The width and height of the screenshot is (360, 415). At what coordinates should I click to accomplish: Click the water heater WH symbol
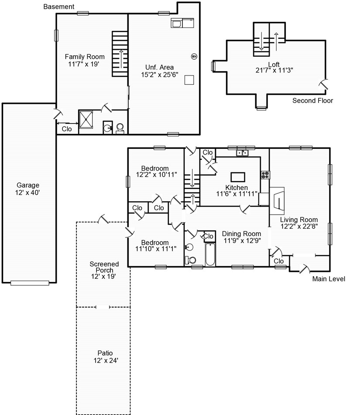click(194, 56)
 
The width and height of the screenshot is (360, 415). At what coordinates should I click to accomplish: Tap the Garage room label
click(28, 185)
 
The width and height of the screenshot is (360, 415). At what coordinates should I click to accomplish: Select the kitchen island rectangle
click(238, 177)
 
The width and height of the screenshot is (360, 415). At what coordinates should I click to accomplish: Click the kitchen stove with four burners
click(265, 175)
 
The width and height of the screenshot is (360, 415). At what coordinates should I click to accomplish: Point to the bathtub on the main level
click(210, 254)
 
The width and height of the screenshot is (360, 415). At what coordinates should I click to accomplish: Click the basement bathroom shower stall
click(86, 120)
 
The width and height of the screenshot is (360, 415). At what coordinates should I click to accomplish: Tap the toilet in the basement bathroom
click(120, 128)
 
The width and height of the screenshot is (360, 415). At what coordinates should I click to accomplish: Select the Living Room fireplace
click(277, 201)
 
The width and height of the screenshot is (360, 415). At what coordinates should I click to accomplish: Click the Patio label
click(105, 353)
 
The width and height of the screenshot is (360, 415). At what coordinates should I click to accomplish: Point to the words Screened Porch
click(104, 267)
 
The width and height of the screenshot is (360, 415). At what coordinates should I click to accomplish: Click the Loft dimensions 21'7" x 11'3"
click(274, 70)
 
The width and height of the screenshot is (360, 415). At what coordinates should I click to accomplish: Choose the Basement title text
click(59, 7)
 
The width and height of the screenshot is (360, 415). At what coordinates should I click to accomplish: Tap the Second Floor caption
click(312, 100)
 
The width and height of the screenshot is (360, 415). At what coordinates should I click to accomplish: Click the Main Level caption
click(329, 279)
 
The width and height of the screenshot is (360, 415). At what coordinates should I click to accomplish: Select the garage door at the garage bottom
click(30, 283)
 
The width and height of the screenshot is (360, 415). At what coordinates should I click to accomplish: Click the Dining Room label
click(241, 234)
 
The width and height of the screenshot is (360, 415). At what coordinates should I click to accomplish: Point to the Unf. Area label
click(159, 67)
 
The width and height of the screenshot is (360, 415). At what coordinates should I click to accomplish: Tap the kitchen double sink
click(242, 153)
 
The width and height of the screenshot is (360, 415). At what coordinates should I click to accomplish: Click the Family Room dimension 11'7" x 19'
click(84, 64)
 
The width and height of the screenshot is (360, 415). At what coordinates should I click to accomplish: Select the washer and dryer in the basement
click(182, 23)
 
